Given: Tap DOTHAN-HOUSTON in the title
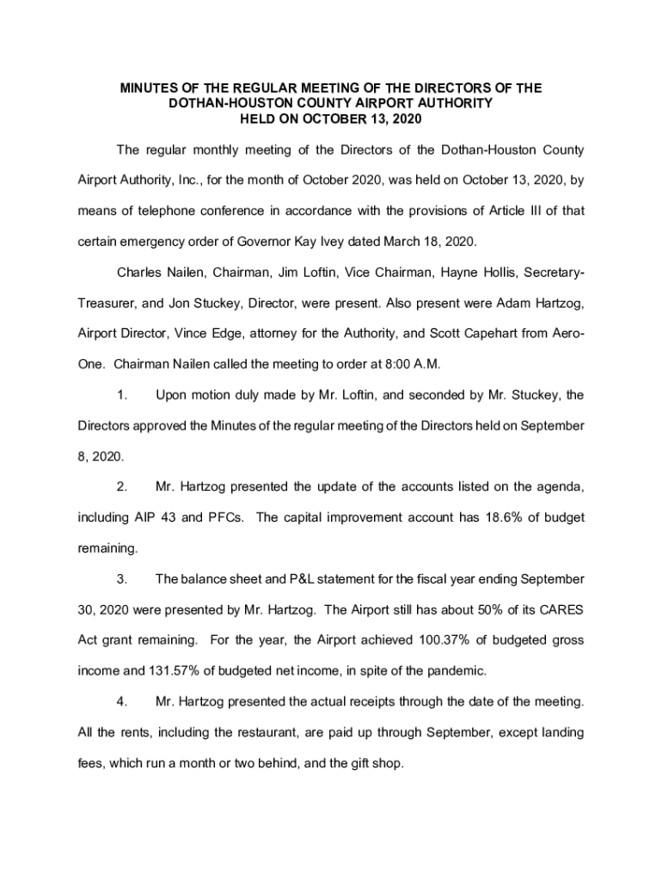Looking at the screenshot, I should point(218,103).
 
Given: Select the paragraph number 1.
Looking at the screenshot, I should point(122,395).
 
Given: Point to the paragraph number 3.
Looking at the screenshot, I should point(122,578).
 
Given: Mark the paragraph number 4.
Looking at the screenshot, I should point(122,702).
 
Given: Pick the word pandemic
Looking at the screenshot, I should point(456,670).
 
